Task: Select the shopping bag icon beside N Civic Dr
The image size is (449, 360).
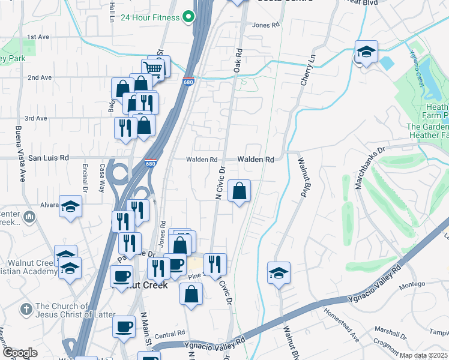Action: [x=239, y=191]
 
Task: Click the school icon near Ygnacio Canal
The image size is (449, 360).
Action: [x=366, y=52]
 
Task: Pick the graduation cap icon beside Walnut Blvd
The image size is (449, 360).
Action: [x=279, y=273]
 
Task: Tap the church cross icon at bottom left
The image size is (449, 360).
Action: [x=26, y=309]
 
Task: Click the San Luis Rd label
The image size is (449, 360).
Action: [x=49, y=157]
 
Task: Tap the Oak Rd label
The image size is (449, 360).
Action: [x=238, y=60]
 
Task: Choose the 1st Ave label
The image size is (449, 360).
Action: [x=38, y=37]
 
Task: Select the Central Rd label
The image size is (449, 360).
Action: [x=172, y=333]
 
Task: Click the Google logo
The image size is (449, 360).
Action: [x=20, y=353]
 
